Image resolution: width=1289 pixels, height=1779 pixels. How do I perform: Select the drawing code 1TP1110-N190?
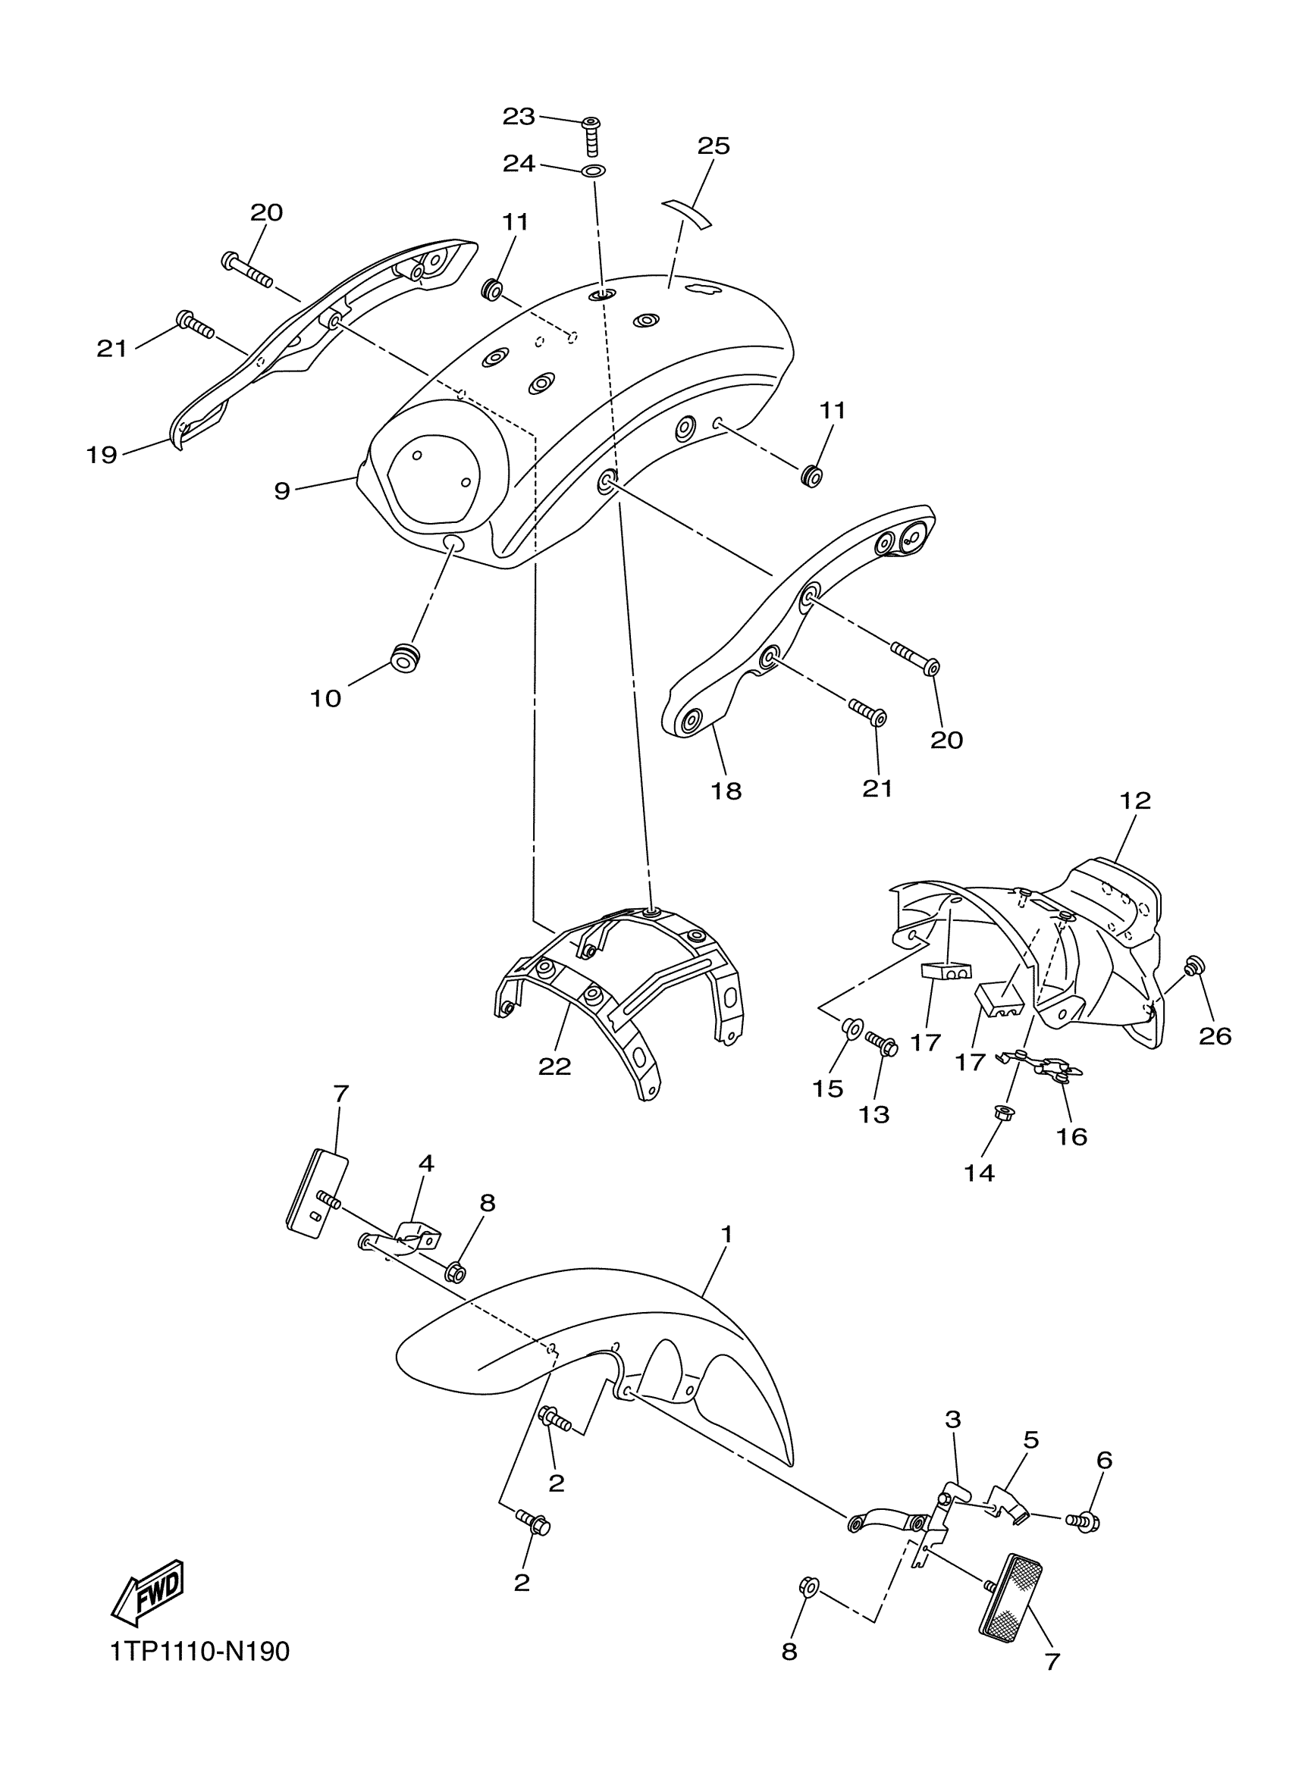coord(199,1652)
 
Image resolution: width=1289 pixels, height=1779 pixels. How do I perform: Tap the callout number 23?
coord(519,117)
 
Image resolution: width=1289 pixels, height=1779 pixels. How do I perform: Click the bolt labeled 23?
coord(593,135)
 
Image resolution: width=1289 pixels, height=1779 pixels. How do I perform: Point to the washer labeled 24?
coord(594,171)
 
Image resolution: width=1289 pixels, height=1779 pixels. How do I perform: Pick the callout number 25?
coord(713,146)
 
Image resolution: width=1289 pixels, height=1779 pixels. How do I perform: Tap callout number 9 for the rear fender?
coord(281,491)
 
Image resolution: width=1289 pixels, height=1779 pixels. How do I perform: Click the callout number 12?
coord(1135,800)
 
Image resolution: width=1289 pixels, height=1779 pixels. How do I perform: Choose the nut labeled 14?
coord(1000,1111)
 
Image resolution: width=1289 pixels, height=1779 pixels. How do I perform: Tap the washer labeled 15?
coord(851,1026)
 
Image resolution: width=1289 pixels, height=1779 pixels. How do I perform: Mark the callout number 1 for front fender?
coord(726,1235)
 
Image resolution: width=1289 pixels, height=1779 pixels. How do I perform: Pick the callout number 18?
coord(726,791)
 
